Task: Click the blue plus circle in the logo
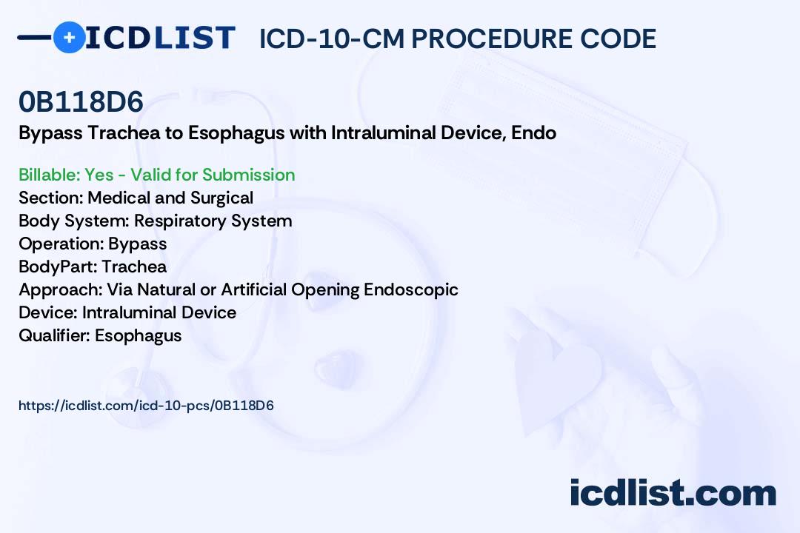[69, 37]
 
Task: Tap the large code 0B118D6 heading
[81, 102]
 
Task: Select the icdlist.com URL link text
[146, 406]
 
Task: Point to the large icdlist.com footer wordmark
[673, 492]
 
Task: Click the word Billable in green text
[49, 175]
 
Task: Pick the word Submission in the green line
[248, 175]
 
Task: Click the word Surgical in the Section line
[221, 198]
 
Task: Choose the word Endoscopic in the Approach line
[410, 290]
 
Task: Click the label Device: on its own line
[48, 312]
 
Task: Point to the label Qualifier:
[55, 335]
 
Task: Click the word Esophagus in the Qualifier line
[139, 336]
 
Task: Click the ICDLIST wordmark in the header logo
[160, 38]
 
